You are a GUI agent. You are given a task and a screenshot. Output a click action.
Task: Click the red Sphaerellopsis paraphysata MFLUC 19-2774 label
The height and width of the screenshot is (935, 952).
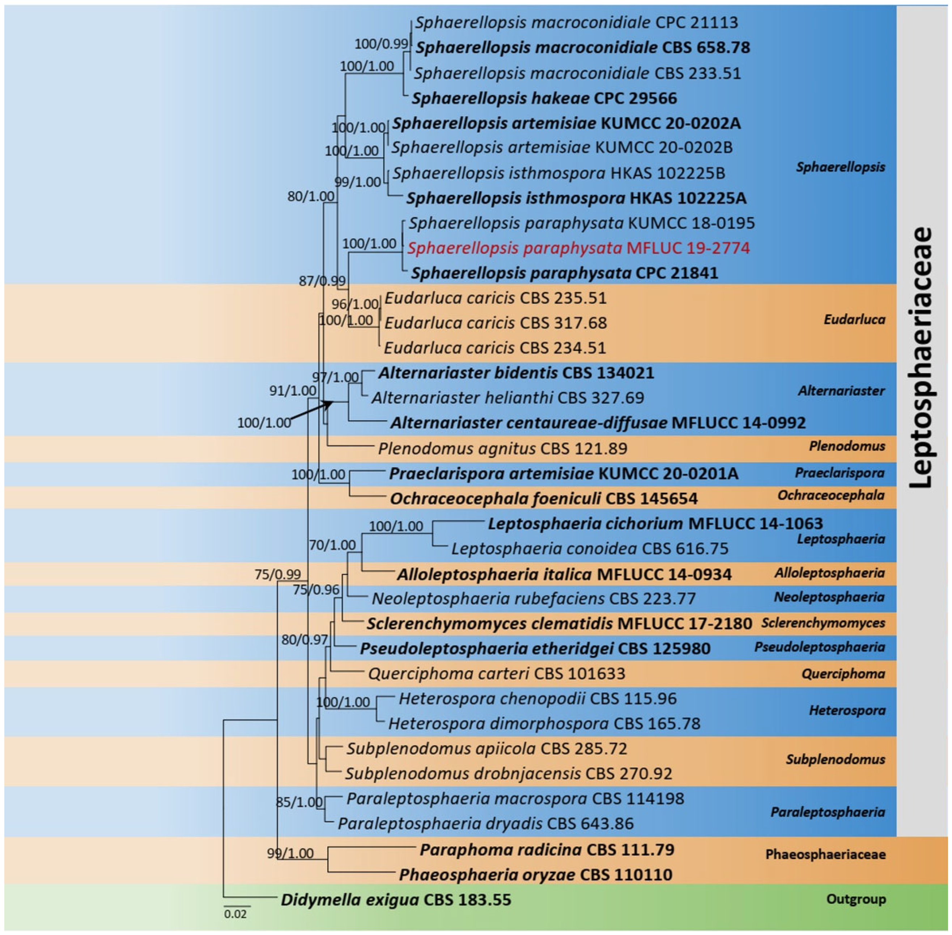coord(578,248)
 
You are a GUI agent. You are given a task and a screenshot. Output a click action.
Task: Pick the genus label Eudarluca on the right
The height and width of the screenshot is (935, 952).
coord(854,320)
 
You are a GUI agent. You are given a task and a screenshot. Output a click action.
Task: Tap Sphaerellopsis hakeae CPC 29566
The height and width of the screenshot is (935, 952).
coord(544,98)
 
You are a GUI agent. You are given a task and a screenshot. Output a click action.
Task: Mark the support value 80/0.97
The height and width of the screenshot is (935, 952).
coord(305,639)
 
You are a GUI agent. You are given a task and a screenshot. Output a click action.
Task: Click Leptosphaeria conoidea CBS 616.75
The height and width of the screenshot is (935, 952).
coord(590,549)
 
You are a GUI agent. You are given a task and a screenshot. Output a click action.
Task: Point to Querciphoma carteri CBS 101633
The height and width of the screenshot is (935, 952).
coord(496,673)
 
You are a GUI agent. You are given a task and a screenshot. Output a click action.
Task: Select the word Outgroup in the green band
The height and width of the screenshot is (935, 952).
coord(856,899)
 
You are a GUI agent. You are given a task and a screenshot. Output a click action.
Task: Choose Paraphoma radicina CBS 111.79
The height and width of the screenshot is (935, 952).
coord(547,850)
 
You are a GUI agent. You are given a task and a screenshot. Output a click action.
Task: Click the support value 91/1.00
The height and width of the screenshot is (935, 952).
coord(293,390)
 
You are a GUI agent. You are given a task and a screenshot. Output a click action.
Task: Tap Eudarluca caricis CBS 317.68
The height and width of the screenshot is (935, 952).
coord(496,323)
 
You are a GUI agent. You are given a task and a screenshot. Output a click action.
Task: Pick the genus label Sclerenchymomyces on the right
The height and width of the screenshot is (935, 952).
coord(823,623)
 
